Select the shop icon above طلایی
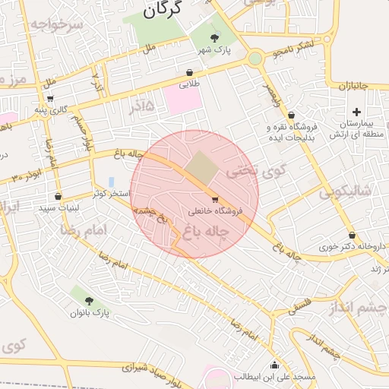(x=189, y=73)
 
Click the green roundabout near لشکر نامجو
(x=255, y=58)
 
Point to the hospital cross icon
(x=356, y=112)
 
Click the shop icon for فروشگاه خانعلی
(x=224, y=200)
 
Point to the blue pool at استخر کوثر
(x=112, y=182)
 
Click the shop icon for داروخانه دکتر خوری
(x=352, y=236)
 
